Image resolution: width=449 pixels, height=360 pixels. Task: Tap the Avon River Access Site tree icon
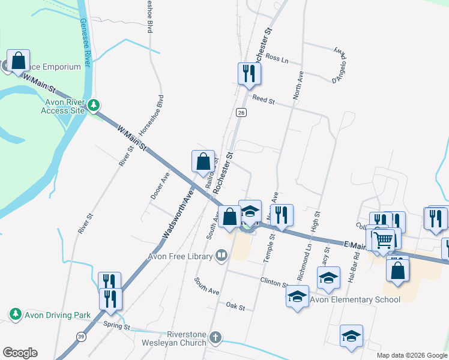coord(93,106)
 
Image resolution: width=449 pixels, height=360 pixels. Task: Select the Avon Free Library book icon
coord(221,257)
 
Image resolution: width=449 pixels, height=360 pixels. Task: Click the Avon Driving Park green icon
coord(15,314)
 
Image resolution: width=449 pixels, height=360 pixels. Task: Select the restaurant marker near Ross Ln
coord(249,74)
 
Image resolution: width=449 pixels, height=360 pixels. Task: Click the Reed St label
coord(263,98)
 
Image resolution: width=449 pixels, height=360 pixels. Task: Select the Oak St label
coord(236,307)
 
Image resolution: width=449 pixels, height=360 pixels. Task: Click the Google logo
coord(20,353)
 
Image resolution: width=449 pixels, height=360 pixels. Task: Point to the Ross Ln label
coord(277,59)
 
